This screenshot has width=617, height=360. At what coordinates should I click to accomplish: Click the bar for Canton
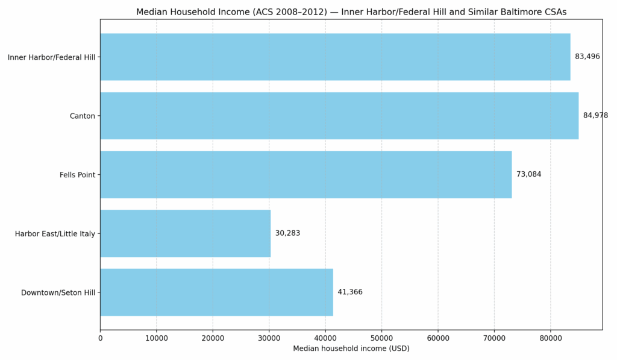click(x=339, y=116)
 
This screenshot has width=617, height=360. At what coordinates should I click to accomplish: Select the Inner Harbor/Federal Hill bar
click(x=335, y=57)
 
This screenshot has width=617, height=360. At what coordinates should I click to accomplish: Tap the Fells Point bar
click(x=306, y=174)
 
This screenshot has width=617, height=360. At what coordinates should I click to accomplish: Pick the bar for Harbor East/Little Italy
click(x=186, y=233)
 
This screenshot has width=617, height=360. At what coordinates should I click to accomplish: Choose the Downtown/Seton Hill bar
click(x=216, y=292)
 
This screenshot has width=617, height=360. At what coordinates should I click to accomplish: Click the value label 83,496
click(x=587, y=57)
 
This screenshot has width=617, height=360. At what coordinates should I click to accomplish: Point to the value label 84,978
click(x=595, y=116)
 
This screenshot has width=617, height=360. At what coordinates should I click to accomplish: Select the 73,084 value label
click(x=528, y=174)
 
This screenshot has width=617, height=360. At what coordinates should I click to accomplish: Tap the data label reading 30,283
click(x=287, y=233)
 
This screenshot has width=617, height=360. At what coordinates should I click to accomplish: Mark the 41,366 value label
click(x=350, y=292)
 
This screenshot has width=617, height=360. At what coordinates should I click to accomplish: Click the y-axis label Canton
click(x=83, y=116)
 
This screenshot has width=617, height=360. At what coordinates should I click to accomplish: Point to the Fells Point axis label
click(x=77, y=175)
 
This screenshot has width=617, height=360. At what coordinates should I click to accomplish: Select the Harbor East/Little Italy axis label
click(x=55, y=234)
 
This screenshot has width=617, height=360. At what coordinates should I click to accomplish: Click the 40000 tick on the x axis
click(x=325, y=338)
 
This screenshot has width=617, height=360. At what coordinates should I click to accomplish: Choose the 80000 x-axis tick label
click(x=550, y=338)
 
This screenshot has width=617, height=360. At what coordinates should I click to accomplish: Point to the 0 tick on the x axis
click(x=101, y=338)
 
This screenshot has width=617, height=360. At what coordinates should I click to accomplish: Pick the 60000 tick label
click(x=438, y=338)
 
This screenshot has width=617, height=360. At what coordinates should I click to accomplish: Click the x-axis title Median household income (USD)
click(x=351, y=349)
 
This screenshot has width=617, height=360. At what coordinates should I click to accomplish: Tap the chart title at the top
click(x=351, y=12)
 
